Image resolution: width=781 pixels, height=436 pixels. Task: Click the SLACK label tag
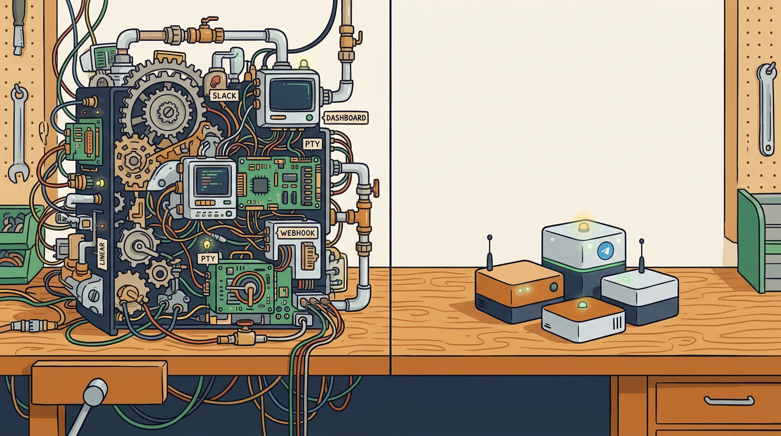click(224, 96)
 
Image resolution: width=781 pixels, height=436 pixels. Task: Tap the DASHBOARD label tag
click(346, 118)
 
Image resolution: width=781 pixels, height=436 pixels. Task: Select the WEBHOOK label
click(297, 233)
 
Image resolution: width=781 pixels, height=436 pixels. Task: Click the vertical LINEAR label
click(102, 253)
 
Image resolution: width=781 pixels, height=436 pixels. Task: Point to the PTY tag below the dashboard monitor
click(312, 144)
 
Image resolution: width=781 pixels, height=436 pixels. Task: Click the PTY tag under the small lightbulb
click(208, 258)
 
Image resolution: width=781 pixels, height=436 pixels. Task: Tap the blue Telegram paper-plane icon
click(605, 251)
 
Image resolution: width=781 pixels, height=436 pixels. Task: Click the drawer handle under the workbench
click(729, 401)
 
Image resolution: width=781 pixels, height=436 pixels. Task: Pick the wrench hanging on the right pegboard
click(767, 109)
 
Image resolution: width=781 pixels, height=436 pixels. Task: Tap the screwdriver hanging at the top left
click(18, 27)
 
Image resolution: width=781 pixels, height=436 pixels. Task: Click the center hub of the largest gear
click(167, 112)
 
